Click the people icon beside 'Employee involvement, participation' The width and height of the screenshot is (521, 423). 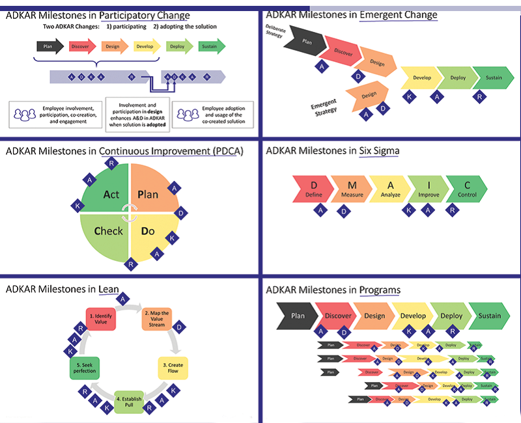pos(25,115)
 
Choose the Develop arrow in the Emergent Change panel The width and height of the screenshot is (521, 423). pos(421,78)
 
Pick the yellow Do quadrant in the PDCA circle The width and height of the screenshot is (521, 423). pos(150,231)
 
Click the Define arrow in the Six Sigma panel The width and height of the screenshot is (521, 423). pos(313,188)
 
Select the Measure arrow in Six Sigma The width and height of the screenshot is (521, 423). pos(352,188)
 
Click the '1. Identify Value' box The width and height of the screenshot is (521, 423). pos(100,318)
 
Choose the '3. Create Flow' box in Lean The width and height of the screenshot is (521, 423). pos(175,368)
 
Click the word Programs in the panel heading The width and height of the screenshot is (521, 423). pos(381,290)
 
